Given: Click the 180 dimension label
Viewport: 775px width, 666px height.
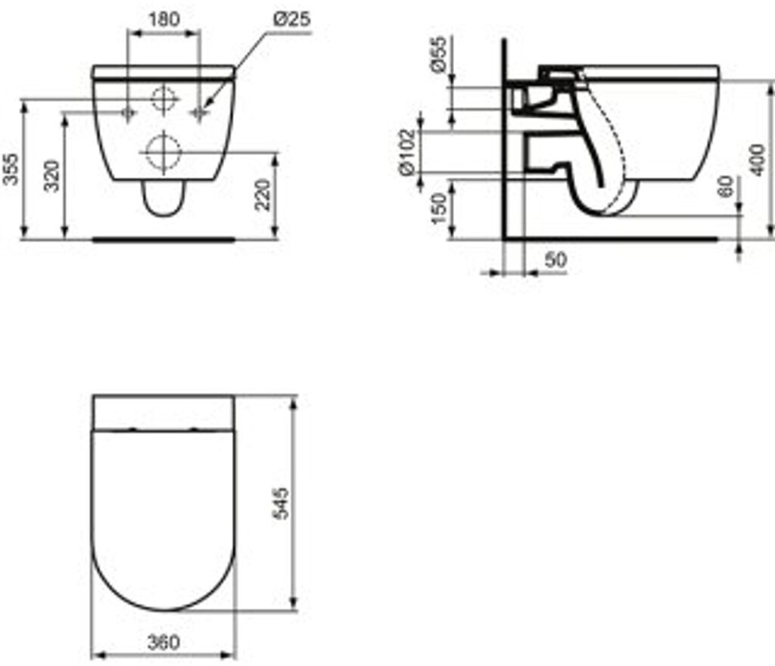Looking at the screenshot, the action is (164, 19).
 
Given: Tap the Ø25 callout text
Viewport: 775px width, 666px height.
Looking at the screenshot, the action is (292, 19).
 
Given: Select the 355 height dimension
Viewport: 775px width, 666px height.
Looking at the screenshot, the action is (11, 170).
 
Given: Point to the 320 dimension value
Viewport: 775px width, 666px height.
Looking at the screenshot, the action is (51, 176).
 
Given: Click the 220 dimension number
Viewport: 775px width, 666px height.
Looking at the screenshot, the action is (263, 195).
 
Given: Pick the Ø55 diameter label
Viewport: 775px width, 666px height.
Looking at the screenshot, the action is (438, 54).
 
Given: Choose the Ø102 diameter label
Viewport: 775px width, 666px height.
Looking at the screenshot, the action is (407, 152).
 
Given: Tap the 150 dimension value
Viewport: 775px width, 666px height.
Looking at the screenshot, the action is (438, 208).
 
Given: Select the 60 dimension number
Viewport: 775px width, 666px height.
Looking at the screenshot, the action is (726, 186).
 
